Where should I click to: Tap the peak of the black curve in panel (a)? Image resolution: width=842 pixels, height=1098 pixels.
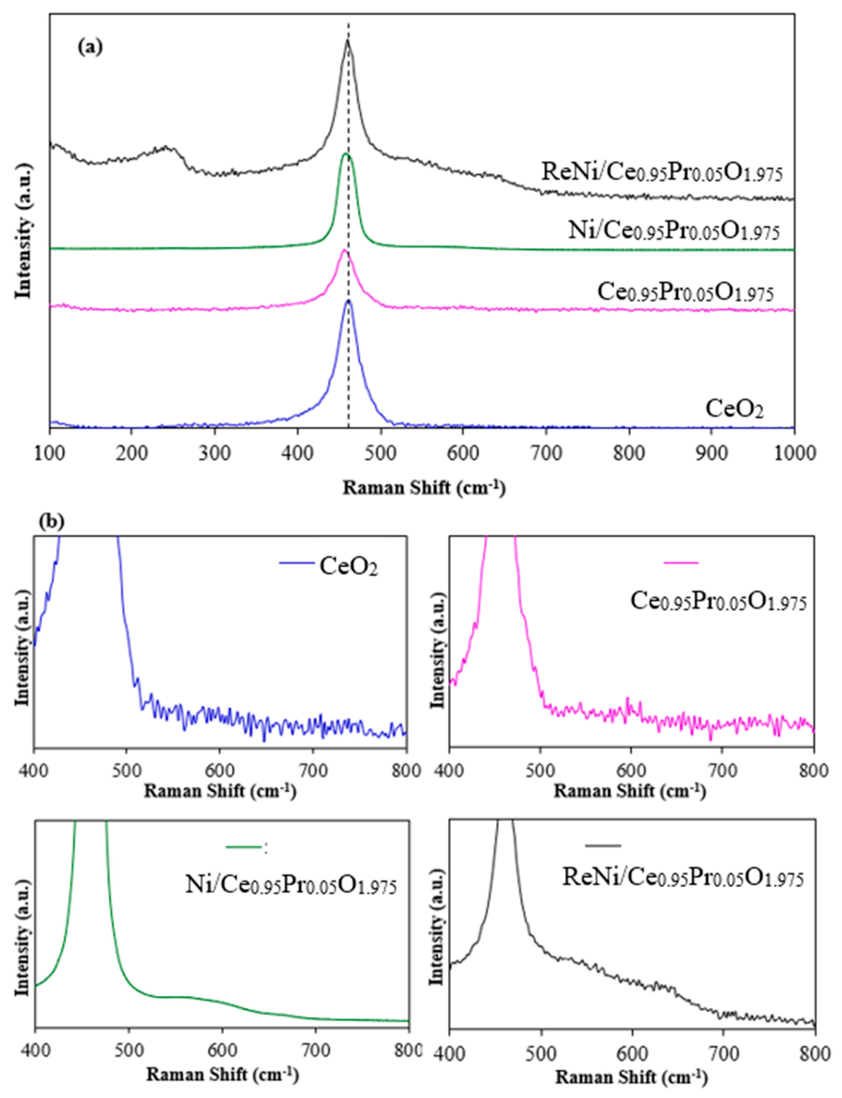[347, 41]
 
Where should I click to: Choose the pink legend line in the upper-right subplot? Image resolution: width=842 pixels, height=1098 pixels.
[681, 563]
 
